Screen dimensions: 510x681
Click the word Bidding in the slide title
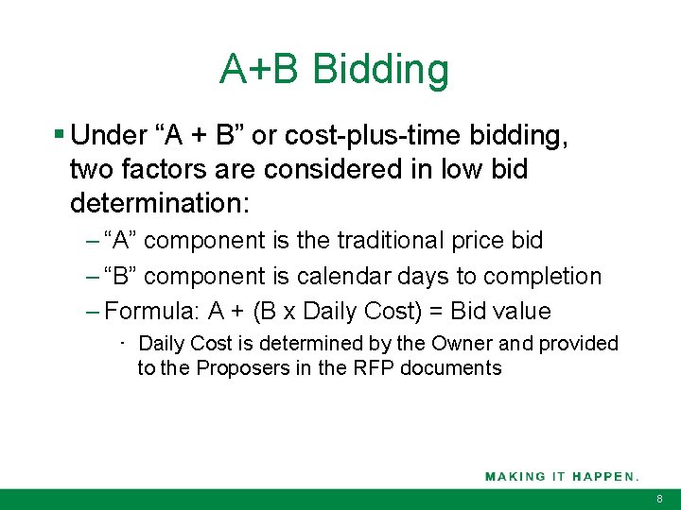380,69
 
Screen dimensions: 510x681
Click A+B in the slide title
259,69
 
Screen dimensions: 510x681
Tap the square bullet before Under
60,136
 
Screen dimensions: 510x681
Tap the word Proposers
240,367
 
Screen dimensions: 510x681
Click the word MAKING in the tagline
515,477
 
